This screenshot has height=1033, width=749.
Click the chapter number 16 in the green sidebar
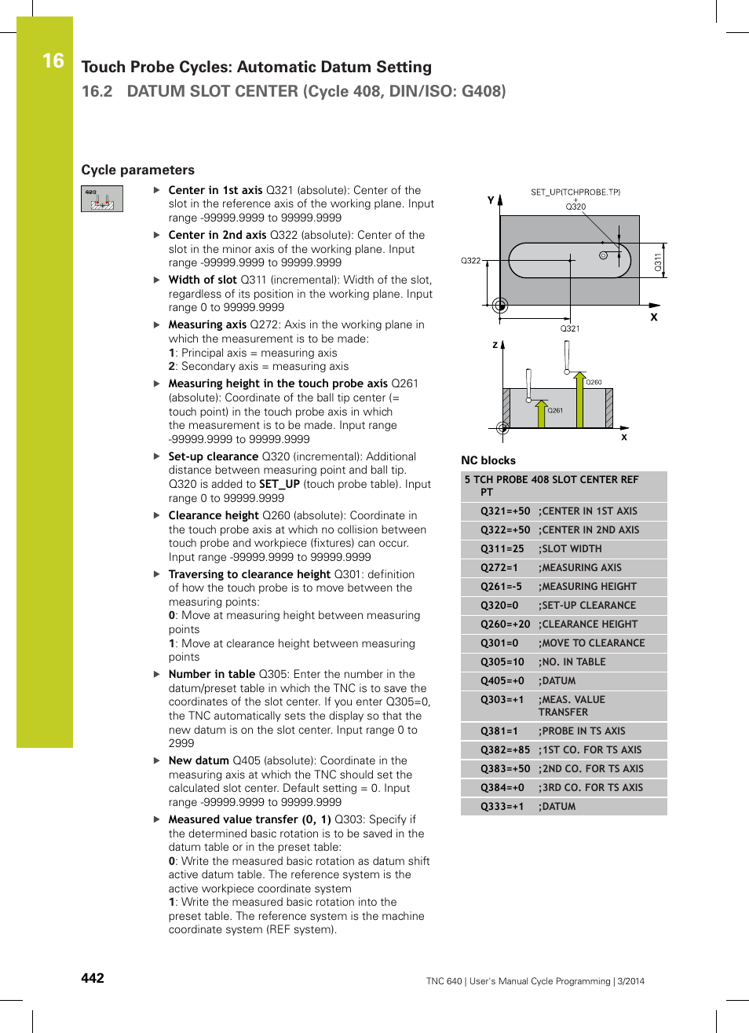53,60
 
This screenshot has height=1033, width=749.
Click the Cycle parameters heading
137,170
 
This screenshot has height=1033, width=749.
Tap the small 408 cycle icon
102,199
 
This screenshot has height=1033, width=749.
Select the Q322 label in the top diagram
470,261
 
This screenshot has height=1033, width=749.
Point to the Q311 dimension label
658,261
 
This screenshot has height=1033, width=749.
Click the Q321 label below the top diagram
570,328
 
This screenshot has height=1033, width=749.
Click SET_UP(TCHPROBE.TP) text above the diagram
575,192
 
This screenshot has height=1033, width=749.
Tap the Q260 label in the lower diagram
594,383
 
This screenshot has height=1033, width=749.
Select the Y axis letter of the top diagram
491,200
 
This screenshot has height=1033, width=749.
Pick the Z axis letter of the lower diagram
495,345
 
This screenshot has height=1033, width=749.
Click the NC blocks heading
488,460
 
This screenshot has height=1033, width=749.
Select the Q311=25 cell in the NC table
502,549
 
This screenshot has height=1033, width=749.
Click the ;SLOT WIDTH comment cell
570,549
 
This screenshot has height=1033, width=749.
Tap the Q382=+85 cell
505,750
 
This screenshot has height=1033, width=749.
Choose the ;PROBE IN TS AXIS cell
582,731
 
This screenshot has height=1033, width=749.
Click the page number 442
93,978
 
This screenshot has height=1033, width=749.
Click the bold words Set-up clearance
213,456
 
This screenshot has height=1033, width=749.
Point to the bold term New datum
199,760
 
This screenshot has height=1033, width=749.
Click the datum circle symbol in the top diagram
500,306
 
